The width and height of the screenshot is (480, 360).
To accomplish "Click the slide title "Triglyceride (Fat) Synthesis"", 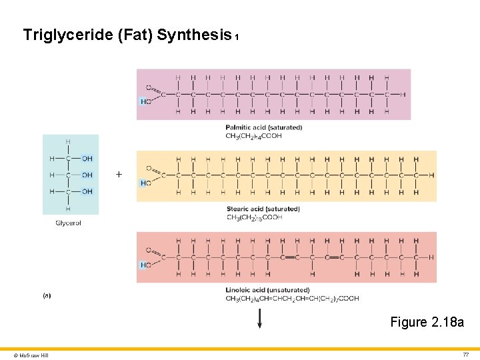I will point(127,35).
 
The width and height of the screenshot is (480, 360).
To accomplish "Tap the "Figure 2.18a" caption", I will point(427,323).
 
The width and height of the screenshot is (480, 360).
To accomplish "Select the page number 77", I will point(466,355).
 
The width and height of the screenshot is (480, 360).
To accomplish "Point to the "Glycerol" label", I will point(68,223).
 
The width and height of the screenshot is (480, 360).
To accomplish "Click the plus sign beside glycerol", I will point(119,175).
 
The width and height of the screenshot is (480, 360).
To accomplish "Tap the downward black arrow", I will point(260,318).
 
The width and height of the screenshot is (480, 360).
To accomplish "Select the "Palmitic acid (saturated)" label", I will point(263,127).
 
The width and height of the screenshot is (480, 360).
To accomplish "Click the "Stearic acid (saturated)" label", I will point(263,209).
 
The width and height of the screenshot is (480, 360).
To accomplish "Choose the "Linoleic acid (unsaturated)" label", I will point(267,290).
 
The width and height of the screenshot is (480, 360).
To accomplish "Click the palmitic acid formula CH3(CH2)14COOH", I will point(253,136).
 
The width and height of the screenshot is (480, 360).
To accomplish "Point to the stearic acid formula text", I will point(254,217).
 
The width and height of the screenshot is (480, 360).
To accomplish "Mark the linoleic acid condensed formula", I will point(292,299).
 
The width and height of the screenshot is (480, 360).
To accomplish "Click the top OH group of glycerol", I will point(87,159).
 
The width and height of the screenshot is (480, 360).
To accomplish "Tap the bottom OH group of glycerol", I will point(87,192).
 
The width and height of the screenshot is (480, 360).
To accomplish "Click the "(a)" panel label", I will point(47,295).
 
